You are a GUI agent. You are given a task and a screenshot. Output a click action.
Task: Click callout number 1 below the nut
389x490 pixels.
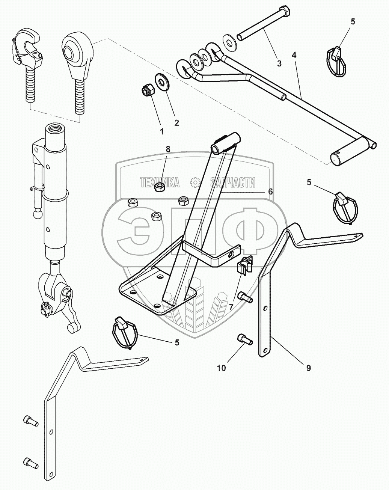coord(162,131)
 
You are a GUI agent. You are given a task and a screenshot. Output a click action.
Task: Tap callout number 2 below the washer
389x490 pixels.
coord(176,123)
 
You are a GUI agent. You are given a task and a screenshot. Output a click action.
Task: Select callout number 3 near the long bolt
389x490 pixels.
coord(279,63)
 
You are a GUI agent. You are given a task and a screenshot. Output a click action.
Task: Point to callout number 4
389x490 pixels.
coord(294,55)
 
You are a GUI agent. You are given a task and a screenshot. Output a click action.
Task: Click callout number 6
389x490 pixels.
coord(270,191)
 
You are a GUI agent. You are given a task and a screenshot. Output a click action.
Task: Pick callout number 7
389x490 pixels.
coord(231,306)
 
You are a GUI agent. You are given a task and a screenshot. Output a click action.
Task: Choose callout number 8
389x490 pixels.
coord(168,149)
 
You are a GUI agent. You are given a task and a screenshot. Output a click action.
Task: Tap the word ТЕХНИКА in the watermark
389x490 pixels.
coord(160,182)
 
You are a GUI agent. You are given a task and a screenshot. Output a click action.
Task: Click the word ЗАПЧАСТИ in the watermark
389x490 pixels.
coord(233,182)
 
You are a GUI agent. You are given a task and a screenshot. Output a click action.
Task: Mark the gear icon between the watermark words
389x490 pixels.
coord(195,182)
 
